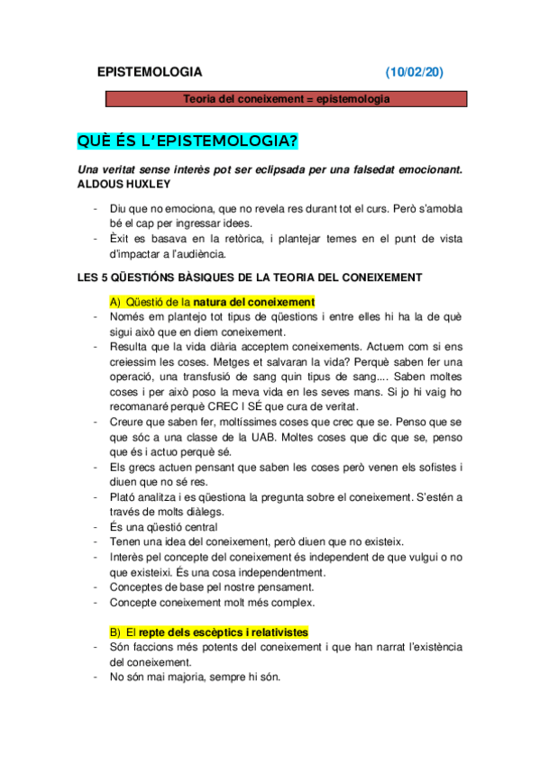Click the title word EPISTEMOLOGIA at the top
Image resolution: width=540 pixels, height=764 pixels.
(x=150, y=72)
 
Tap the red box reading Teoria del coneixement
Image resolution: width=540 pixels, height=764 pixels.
(x=286, y=99)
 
